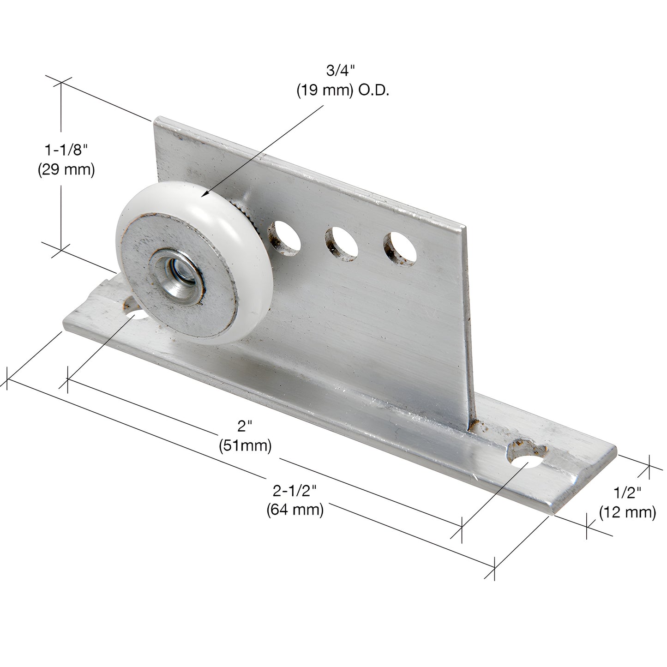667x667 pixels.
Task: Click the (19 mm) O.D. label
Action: tap(343, 91)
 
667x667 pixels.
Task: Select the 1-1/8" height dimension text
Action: tap(66, 150)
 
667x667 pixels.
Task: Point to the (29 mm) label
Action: tap(66, 170)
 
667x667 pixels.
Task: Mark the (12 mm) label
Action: tap(627, 512)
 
